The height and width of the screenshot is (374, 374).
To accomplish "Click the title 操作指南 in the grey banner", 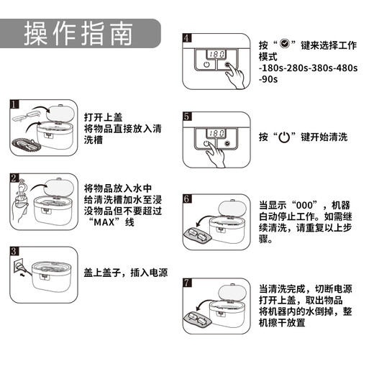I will (x=79, y=33).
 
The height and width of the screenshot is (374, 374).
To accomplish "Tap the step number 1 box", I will (x=14, y=104).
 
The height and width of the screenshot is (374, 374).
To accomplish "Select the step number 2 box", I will (x=14, y=177).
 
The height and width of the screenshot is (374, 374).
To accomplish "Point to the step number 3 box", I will (x=14, y=250).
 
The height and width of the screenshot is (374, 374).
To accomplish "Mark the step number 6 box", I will (x=187, y=198).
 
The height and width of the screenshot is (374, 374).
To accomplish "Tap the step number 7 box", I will (x=187, y=283).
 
